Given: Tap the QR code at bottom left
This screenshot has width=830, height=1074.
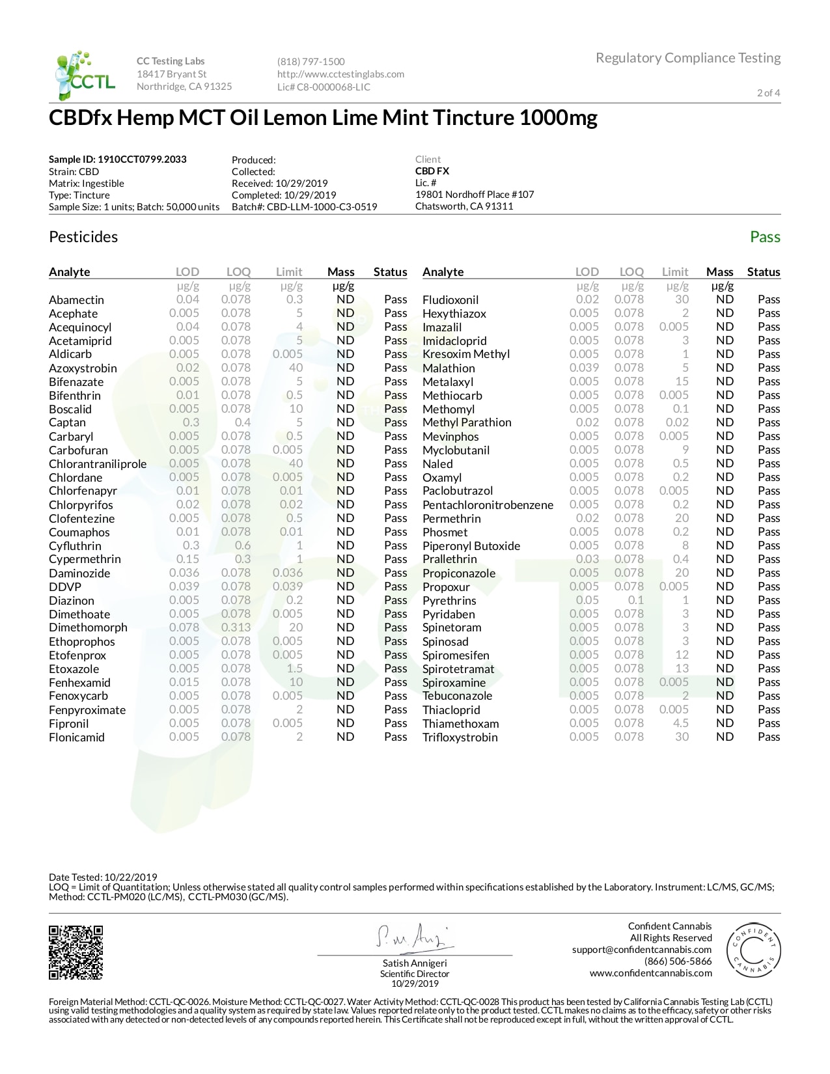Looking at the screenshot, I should click(76, 952).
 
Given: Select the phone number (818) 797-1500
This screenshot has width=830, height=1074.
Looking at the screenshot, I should click(311, 62).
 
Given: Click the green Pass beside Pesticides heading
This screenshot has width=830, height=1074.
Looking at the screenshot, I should click(765, 237).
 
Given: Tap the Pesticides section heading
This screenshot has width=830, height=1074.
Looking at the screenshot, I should click(83, 237).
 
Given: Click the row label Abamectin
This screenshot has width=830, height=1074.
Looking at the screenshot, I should click(76, 300).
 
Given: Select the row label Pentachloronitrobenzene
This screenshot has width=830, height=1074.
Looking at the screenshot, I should click(488, 505).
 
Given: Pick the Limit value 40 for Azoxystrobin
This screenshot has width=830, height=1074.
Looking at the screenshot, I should click(296, 368).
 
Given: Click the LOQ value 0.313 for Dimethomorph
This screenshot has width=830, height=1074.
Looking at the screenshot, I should click(236, 627).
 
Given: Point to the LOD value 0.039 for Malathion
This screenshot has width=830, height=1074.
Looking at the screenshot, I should click(584, 368).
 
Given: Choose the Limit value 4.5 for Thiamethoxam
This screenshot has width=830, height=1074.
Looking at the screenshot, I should click(681, 723).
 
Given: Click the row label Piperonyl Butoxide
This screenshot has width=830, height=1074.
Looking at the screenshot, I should click(471, 546).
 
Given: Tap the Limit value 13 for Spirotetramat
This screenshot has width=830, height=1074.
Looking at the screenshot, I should click(682, 668).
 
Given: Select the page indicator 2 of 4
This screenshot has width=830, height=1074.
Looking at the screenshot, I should click(768, 92).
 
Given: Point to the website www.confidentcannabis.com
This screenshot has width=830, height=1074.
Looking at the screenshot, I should click(651, 973).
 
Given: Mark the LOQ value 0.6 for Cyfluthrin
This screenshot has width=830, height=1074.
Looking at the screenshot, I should click(243, 545).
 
